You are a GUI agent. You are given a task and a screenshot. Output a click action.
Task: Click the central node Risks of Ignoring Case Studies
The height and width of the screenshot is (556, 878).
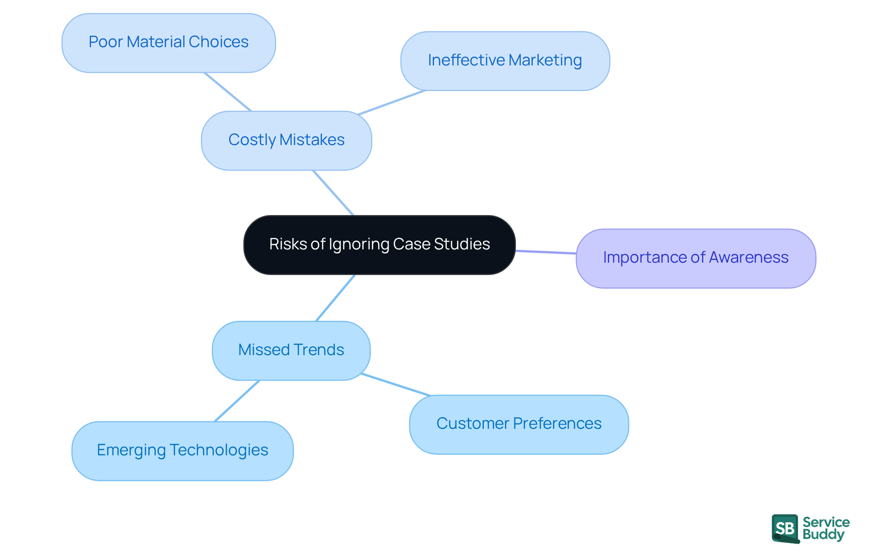pyautogui.click(x=380, y=245)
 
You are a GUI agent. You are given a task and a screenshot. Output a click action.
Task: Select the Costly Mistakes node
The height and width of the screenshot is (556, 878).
pyautogui.click(x=286, y=140)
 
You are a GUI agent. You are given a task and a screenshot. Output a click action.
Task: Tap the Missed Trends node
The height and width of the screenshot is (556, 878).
pyautogui.click(x=291, y=351)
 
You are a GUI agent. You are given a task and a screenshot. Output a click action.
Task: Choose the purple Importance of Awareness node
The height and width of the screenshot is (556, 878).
pyautogui.click(x=696, y=258)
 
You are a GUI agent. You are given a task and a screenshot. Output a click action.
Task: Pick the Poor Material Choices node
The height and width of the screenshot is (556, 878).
pyautogui.click(x=168, y=43)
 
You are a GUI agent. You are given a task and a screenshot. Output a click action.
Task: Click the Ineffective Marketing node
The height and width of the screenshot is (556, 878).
pyautogui.click(x=505, y=61)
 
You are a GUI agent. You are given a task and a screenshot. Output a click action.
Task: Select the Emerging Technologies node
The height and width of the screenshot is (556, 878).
pyautogui.click(x=182, y=451)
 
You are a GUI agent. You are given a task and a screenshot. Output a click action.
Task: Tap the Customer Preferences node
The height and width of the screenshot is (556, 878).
pyautogui.click(x=519, y=424)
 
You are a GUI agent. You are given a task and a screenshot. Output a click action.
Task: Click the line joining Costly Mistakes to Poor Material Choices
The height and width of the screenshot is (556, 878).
pyautogui.click(x=228, y=92)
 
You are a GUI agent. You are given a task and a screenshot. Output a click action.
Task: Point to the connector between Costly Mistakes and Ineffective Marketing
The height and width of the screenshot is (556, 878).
pyautogui.click(x=392, y=102)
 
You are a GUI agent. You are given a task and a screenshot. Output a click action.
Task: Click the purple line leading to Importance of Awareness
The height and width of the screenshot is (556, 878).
pyautogui.click(x=546, y=252)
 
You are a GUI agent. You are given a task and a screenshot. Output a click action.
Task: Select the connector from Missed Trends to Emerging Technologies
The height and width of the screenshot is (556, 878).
pyautogui.click(x=237, y=401)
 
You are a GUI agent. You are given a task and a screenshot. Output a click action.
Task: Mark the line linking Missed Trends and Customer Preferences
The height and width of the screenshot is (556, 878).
pyautogui.click(x=396, y=384)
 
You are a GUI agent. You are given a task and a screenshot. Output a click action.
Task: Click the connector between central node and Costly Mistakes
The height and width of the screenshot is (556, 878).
pyautogui.click(x=333, y=193)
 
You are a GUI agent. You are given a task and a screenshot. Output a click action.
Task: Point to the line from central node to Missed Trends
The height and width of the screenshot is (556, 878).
pyautogui.click(x=336, y=298)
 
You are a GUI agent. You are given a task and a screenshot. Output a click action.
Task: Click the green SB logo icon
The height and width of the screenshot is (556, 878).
pyautogui.click(x=785, y=529)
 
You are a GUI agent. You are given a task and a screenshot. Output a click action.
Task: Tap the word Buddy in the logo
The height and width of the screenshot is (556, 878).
pyautogui.click(x=823, y=534)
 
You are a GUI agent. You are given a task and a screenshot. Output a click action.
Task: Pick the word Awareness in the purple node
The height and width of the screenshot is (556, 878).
pyautogui.click(x=749, y=258)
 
